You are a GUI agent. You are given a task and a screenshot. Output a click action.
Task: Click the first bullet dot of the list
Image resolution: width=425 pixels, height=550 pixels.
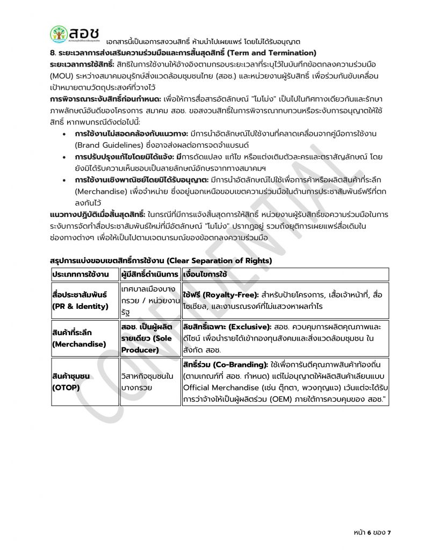click(x=65, y=134)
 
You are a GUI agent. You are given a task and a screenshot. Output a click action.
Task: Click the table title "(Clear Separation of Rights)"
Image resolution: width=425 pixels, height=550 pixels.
click(x=220, y=260)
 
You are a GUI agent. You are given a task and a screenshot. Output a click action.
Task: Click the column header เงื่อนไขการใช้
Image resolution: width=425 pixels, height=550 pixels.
click(x=205, y=274)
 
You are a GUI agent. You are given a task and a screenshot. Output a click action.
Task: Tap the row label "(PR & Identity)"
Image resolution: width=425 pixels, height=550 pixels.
click(x=80, y=306)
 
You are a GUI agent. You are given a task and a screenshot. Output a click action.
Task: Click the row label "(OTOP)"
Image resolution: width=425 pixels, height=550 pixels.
click(x=65, y=387)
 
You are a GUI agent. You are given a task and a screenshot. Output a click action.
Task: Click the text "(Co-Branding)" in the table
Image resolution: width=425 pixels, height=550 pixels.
click(x=241, y=365)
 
